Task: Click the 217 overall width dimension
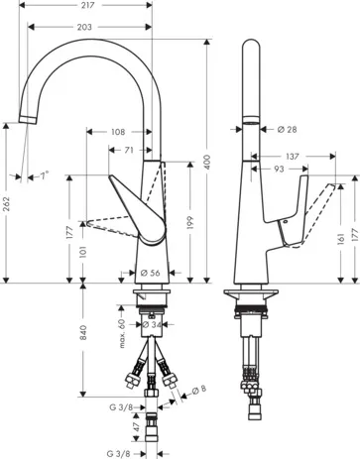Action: coord(89,7)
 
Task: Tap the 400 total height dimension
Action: coord(207,162)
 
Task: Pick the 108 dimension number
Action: coord(119,132)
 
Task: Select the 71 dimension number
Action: coord(130,151)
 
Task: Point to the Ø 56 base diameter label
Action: coord(151,273)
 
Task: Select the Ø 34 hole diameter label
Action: coord(152,323)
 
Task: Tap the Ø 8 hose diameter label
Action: coord(203,389)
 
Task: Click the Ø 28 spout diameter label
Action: coord(289,128)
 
